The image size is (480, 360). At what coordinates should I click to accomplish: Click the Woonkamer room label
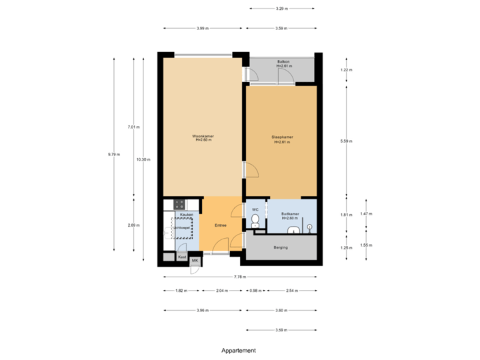point(203,138)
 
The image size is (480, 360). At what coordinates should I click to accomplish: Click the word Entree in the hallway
point(220,225)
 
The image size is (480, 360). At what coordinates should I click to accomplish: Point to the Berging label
point(281,247)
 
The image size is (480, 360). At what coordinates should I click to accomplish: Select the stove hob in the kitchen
point(179,205)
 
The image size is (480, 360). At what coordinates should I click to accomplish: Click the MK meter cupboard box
point(195,260)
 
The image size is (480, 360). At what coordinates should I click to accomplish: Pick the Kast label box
point(181,257)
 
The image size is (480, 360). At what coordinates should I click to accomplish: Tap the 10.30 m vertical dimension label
point(143,159)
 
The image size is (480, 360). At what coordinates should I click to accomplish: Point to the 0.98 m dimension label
point(254,291)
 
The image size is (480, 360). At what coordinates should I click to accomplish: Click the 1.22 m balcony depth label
point(346,70)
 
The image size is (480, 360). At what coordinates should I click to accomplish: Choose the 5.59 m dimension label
point(346,141)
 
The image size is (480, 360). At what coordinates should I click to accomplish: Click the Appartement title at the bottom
point(239,350)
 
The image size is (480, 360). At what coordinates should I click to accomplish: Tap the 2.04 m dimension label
point(223,291)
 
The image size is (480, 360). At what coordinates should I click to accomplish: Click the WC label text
point(255,209)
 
